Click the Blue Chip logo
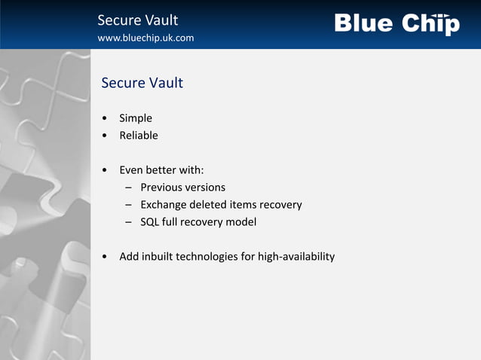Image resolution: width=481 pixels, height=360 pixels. click(x=397, y=23)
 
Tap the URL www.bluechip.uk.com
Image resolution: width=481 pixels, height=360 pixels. click(x=146, y=38)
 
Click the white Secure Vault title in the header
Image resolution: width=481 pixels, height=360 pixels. click(x=138, y=20)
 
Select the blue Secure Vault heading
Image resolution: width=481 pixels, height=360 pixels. click(x=142, y=83)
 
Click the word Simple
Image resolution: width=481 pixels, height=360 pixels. click(x=136, y=118)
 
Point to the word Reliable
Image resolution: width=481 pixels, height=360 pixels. click(x=139, y=136)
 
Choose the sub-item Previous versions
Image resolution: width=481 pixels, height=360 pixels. click(x=182, y=188)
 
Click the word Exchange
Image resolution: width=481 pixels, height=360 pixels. click(x=164, y=205)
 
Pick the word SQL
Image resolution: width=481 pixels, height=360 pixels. click(x=149, y=222)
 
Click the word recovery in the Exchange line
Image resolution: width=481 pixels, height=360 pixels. click(x=280, y=205)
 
